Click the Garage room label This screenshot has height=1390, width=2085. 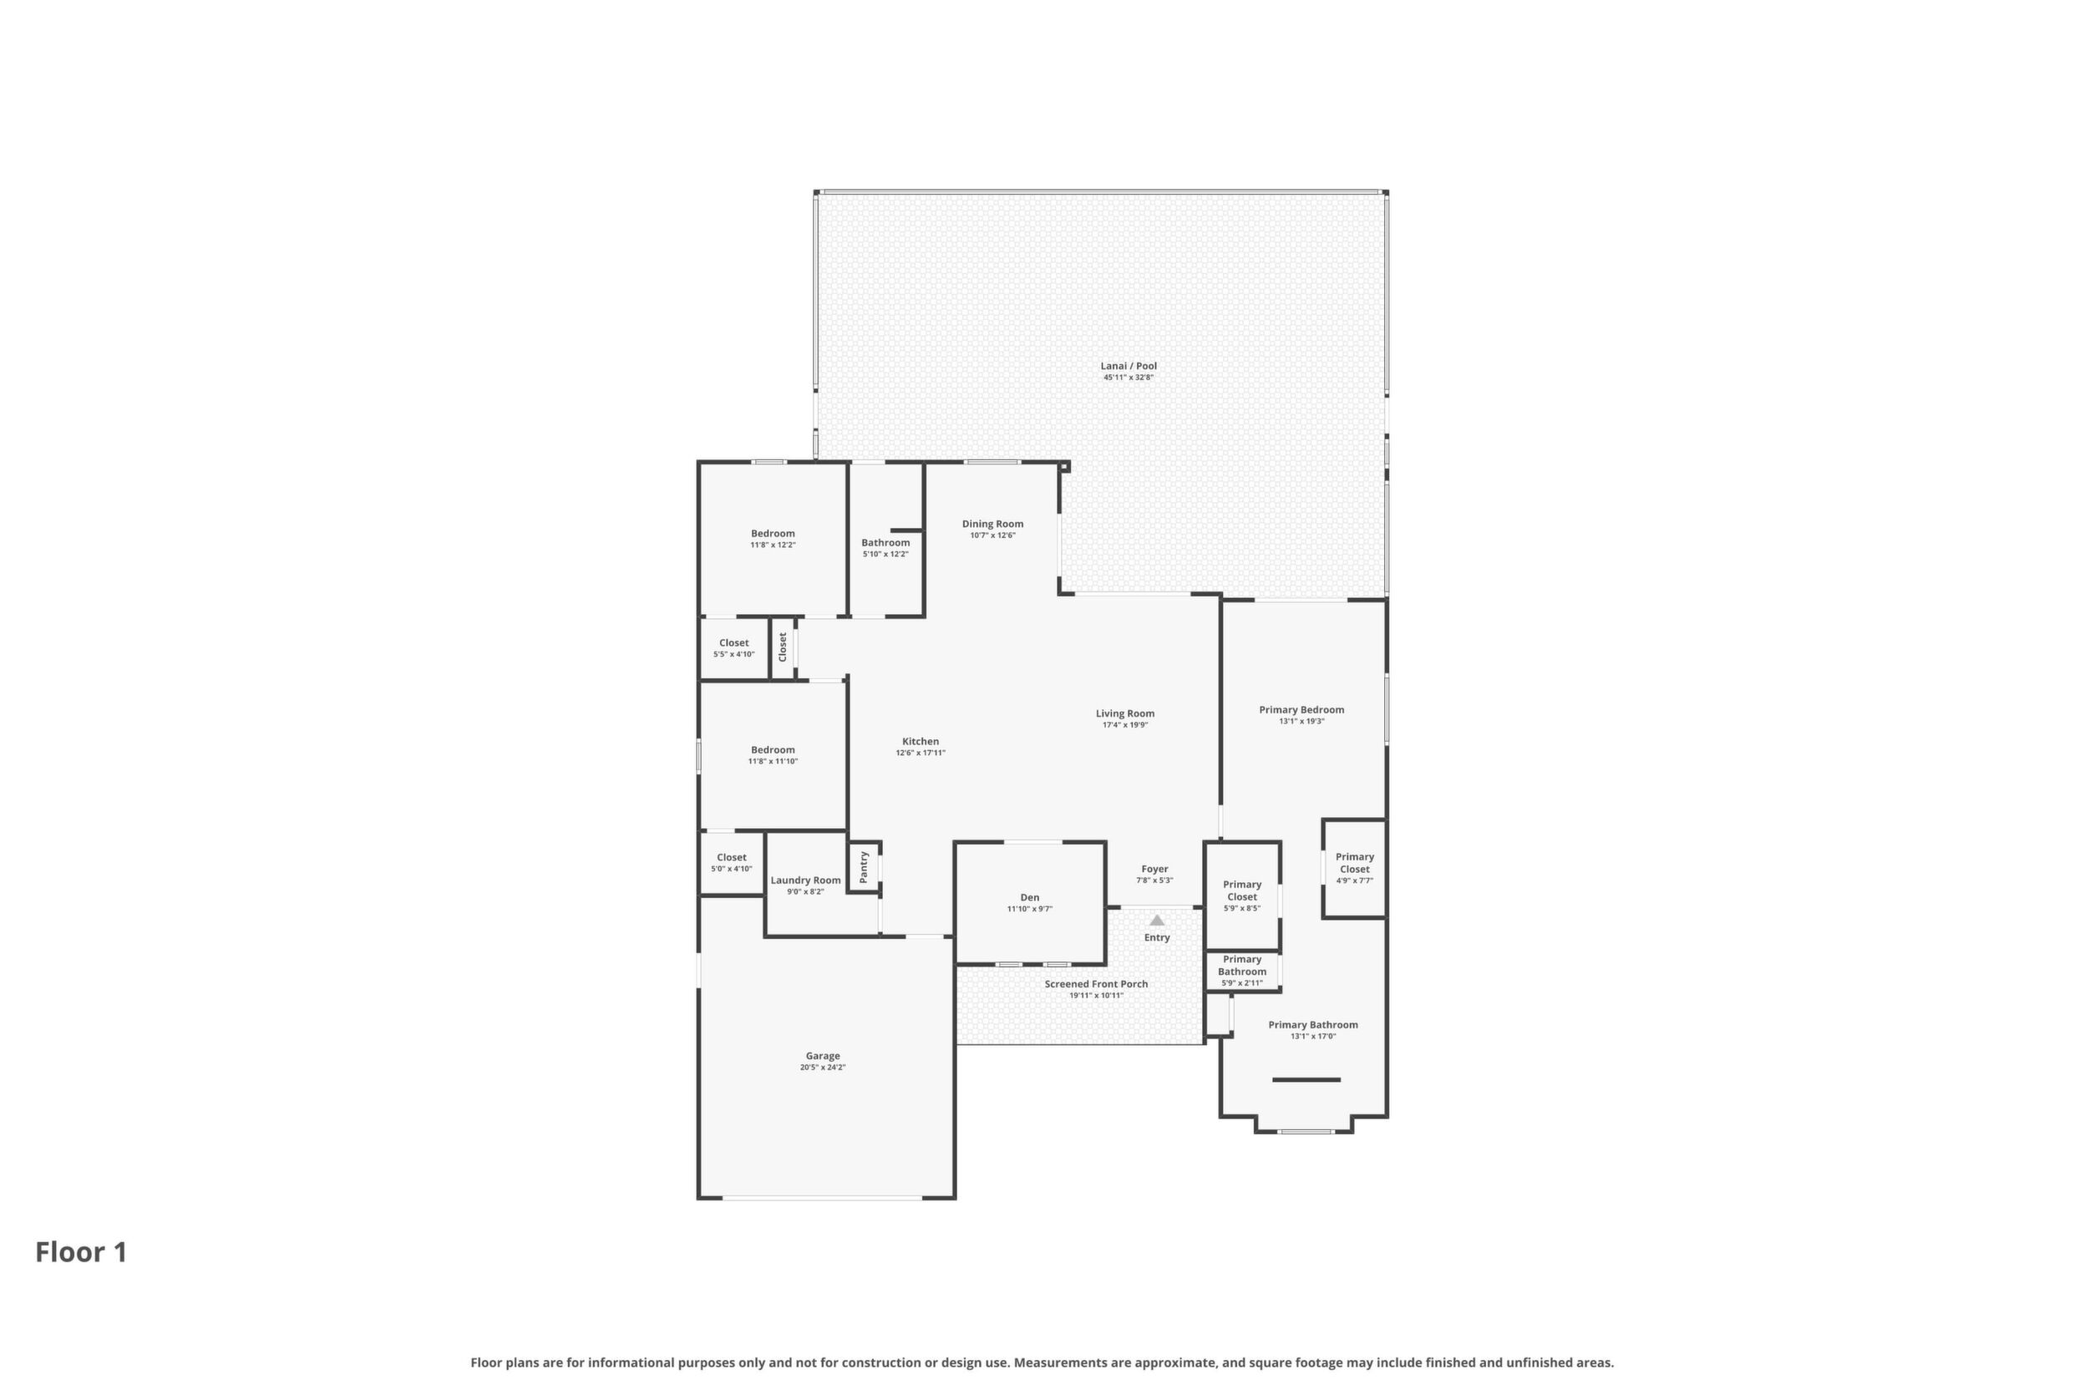[823, 1056]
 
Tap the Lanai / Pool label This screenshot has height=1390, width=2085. [1129, 366]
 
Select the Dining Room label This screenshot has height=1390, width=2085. [993, 524]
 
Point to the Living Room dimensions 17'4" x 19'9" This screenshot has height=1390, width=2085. [1125, 725]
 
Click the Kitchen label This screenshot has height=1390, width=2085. [921, 741]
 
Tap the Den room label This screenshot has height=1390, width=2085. [1029, 897]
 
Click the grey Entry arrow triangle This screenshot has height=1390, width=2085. [1157, 921]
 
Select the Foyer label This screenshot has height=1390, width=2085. [1154, 869]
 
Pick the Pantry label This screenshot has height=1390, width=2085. [864, 866]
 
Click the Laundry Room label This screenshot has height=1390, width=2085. [806, 880]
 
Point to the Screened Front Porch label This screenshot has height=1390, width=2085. [1096, 984]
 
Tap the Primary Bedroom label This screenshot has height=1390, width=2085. [1301, 709]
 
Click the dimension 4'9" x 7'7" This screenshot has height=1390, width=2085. [1355, 880]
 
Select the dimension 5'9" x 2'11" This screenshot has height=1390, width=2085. [1242, 983]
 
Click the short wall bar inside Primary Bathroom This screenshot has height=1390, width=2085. [1306, 1080]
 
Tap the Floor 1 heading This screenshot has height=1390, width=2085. [82, 1253]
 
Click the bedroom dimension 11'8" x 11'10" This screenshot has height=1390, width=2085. [773, 762]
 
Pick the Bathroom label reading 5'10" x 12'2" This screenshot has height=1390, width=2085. [885, 542]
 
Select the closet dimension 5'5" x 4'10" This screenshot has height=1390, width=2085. [734, 654]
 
